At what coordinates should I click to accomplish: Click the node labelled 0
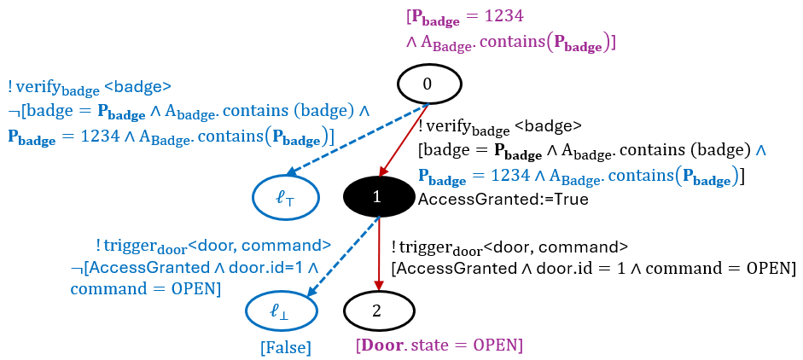(x=428, y=84)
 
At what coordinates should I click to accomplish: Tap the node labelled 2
(x=377, y=310)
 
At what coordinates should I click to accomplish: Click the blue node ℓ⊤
(x=285, y=197)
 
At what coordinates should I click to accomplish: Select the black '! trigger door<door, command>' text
(x=509, y=247)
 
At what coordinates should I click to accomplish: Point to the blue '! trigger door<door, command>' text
(x=213, y=247)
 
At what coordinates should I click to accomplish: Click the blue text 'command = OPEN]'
(x=146, y=290)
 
